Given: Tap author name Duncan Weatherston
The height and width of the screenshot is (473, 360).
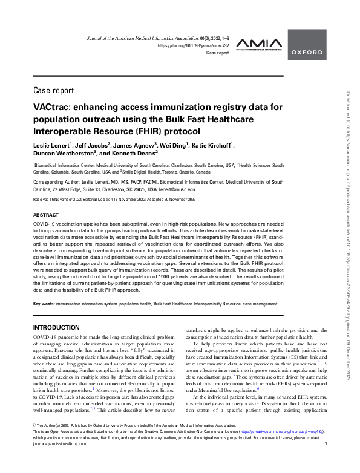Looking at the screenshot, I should (x=67, y=155).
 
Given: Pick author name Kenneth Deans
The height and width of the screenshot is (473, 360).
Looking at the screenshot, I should (x=133, y=155).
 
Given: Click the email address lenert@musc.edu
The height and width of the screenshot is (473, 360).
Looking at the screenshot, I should (x=176, y=189).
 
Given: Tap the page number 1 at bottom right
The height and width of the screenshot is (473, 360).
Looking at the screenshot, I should (x=326, y=462).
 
